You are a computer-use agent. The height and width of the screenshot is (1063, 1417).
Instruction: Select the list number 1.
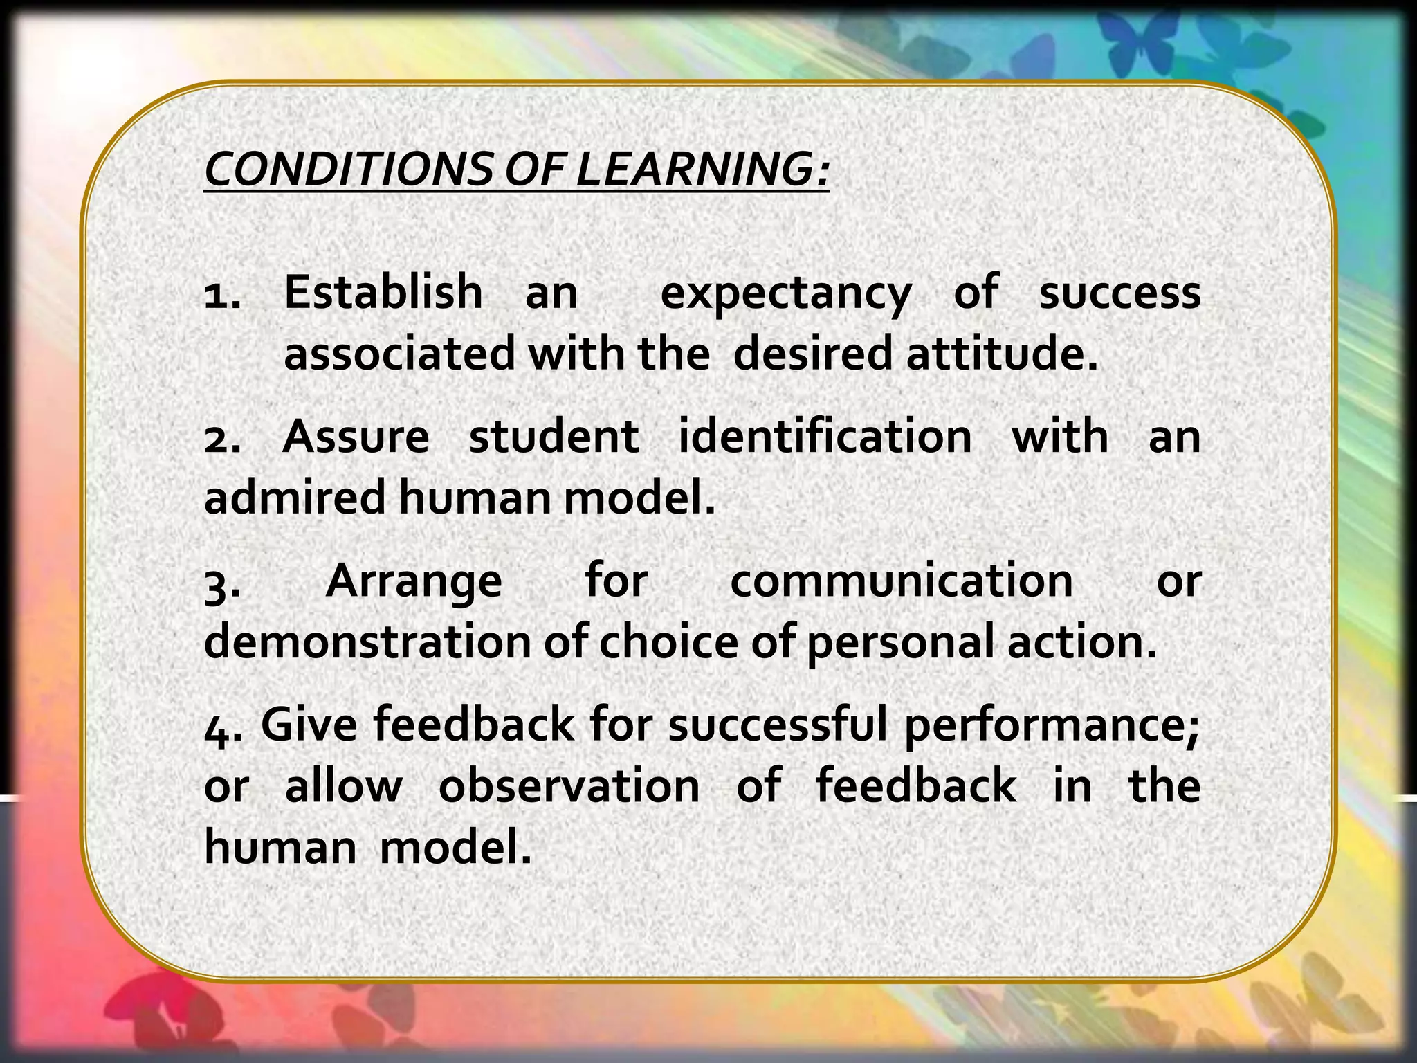point(222,293)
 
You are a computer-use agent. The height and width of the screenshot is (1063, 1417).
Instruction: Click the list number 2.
point(222,439)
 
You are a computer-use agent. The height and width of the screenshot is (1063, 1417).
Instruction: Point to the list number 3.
point(222,583)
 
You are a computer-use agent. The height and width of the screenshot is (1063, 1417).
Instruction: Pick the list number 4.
point(222,727)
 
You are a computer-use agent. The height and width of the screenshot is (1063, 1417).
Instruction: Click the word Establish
point(383,292)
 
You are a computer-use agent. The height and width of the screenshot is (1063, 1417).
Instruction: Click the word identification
point(825,437)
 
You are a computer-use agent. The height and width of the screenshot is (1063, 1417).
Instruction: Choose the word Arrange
point(414,583)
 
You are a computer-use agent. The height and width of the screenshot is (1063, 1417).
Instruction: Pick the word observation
point(569,786)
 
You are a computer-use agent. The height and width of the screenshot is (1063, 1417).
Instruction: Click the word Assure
point(356,437)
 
